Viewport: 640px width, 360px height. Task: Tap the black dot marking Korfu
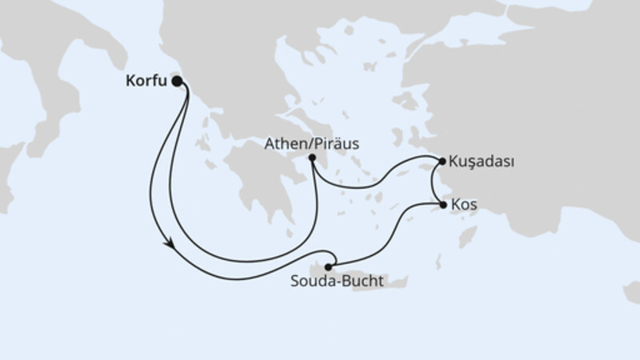click(x=177, y=81)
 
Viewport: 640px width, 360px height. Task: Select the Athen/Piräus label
click(x=312, y=145)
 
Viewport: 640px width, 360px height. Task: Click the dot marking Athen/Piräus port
click(x=312, y=158)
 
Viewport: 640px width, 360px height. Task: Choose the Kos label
click(x=464, y=205)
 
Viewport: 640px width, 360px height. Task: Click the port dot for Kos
click(x=444, y=205)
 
